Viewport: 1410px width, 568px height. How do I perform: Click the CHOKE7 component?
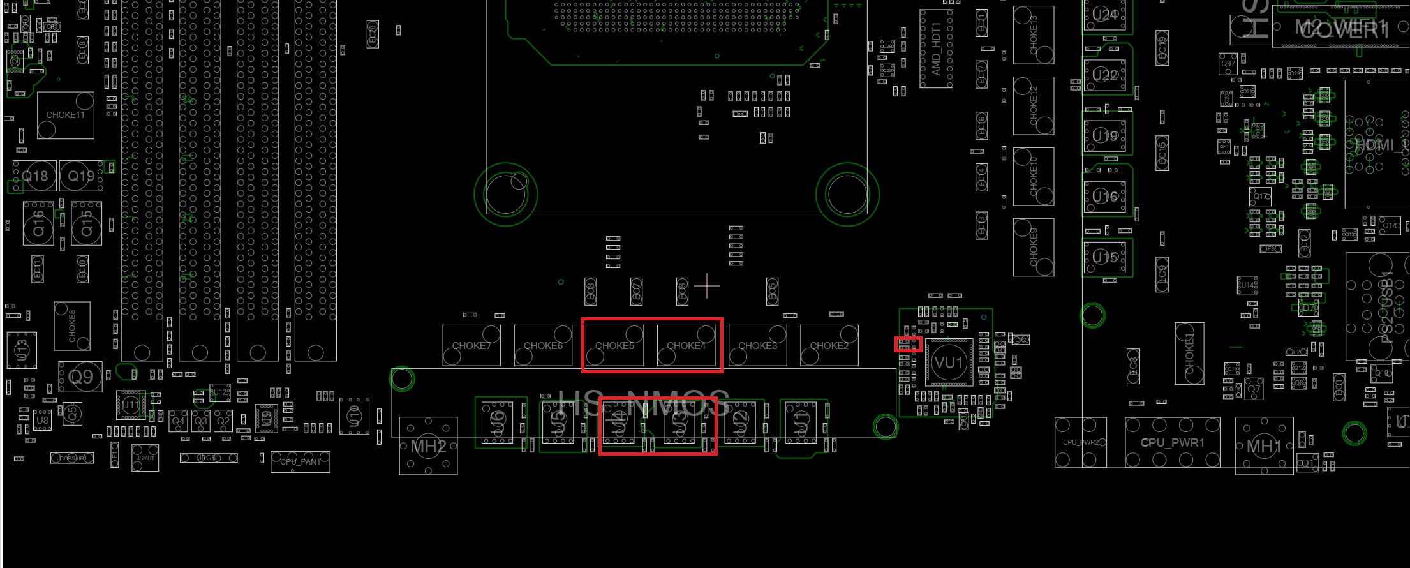(x=471, y=345)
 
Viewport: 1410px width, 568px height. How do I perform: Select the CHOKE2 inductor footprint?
(x=829, y=345)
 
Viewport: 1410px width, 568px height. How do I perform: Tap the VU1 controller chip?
(x=949, y=362)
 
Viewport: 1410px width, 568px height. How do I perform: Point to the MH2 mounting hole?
(x=428, y=446)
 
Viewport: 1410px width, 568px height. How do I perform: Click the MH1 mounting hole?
(x=1264, y=445)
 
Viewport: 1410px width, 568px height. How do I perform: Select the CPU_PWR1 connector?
(x=1172, y=442)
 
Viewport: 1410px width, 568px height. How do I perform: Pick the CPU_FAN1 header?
(x=301, y=461)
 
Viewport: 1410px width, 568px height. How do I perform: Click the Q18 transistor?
(x=35, y=176)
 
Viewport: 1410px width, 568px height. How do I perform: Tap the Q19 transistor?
(x=81, y=176)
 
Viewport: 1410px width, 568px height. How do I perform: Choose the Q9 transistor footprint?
(x=80, y=377)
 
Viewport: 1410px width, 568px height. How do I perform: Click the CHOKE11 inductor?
(x=65, y=116)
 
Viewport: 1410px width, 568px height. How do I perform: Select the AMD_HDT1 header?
(x=936, y=49)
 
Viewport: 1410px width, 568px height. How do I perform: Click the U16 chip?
(x=1106, y=197)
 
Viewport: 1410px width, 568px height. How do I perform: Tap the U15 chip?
(x=1106, y=257)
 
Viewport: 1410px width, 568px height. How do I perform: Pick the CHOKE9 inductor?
(x=1033, y=247)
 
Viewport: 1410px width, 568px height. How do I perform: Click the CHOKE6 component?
(x=543, y=345)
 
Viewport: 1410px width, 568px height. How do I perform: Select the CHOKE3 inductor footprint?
(x=757, y=345)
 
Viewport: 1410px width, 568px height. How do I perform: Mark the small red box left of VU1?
(x=908, y=344)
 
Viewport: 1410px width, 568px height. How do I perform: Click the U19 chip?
(x=1106, y=135)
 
